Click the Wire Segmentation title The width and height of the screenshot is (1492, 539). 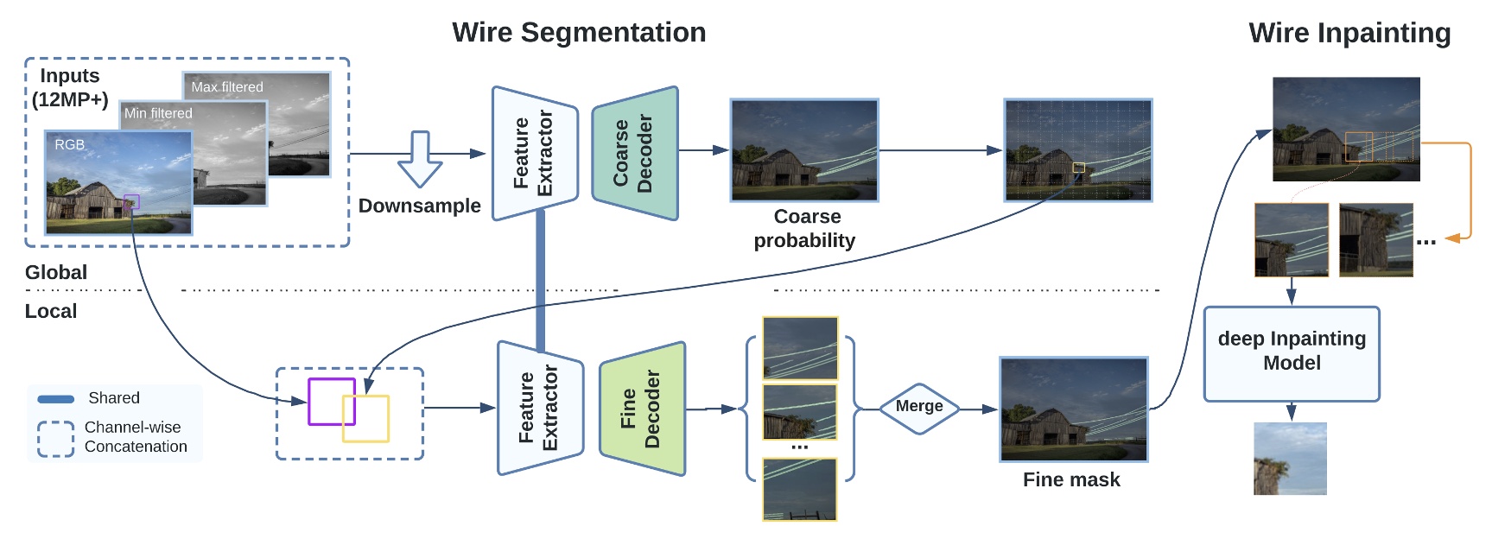click(579, 33)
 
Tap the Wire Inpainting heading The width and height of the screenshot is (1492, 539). click(1349, 34)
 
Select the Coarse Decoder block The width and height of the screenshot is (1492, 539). click(635, 153)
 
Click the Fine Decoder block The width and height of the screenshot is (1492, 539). click(642, 409)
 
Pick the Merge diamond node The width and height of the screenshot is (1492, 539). click(919, 408)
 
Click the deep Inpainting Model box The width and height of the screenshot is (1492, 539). click(1292, 353)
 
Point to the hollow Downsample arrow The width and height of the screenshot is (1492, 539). click(420, 159)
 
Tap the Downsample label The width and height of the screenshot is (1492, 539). click(420, 206)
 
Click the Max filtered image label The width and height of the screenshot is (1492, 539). click(227, 86)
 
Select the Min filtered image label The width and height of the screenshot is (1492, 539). click(158, 113)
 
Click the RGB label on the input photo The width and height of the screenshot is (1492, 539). click(70, 144)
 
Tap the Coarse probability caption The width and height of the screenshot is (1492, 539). click(805, 228)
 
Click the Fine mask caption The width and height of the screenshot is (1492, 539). click(1071, 479)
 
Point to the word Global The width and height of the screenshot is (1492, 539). click(56, 272)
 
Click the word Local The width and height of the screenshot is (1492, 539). click(51, 311)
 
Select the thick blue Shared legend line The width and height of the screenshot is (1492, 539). click(56, 399)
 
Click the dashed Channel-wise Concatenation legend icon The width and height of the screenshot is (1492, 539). click(55, 439)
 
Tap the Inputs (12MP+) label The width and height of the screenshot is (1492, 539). click(70, 87)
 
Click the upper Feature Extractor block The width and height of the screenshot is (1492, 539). click(535, 153)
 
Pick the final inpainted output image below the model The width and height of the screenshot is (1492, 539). click(1290, 459)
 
